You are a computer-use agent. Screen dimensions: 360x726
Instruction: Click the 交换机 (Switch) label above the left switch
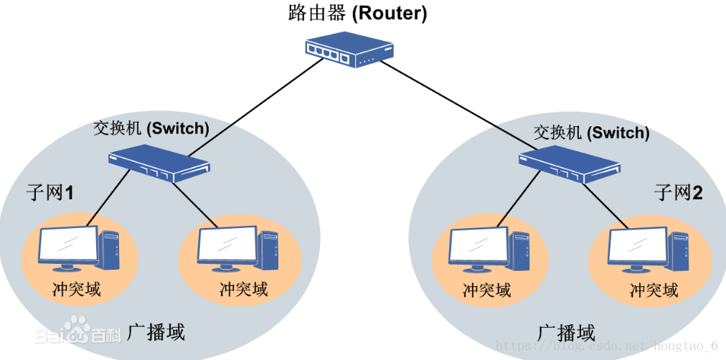pos(151,129)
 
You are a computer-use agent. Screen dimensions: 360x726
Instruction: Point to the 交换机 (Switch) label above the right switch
pos(592,133)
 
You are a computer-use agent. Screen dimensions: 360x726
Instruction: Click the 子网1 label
pos(50,193)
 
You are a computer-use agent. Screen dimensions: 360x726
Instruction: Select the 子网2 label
pos(678,192)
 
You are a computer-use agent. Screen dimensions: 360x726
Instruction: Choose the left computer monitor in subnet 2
pos(477,246)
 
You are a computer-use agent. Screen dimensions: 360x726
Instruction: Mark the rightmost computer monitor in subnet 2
pos(636,246)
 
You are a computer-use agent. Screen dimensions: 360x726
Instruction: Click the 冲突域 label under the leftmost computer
pos(77,289)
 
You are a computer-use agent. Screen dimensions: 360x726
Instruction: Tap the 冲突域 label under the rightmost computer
pos(654,290)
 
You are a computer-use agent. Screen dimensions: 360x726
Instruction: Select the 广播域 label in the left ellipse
pos(156,332)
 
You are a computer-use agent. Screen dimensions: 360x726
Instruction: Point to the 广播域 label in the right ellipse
pos(566,333)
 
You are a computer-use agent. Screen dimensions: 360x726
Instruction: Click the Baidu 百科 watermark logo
pos(79,333)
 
